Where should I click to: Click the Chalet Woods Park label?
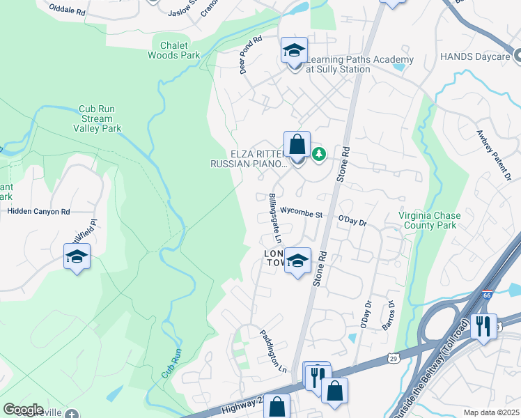(x=173, y=50)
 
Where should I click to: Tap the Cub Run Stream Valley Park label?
(x=96, y=118)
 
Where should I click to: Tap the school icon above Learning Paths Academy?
(x=294, y=50)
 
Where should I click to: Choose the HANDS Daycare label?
(x=487, y=56)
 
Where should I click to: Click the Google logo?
(x=24, y=410)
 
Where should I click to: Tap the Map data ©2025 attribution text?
(x=491, y=412)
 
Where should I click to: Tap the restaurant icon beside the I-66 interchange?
(x=483, y=325)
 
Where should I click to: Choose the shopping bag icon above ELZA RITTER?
(x=297, y=145)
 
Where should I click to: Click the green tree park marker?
(x=319, y=153)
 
